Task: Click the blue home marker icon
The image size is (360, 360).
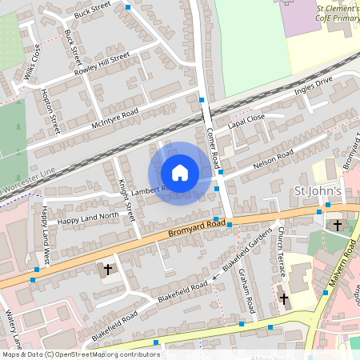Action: (180, 173)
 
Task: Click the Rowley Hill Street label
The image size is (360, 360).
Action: (102, 64)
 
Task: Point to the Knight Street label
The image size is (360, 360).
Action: (123, 193)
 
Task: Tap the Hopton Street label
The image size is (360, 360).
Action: (50, 111)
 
